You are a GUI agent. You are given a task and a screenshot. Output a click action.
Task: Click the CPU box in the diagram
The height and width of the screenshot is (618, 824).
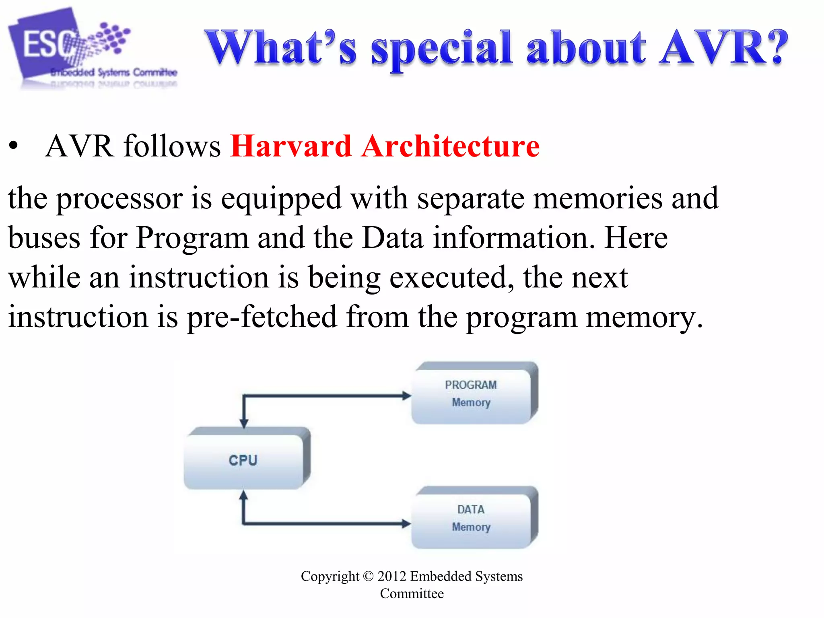[x=244, y=459]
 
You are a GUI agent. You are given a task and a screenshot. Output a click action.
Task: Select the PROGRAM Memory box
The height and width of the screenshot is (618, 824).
[x=472, y=393]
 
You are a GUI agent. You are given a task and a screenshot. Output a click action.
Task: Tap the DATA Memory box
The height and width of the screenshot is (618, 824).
[x=472, y=518]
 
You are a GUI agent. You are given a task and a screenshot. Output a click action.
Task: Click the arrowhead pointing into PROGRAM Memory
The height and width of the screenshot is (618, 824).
[x=406, y=396]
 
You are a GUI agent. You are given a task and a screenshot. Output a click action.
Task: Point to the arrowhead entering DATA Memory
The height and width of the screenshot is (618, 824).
[x=406, y=523]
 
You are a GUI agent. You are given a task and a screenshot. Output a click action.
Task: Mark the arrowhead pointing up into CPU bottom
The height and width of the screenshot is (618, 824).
[x=243, y=496]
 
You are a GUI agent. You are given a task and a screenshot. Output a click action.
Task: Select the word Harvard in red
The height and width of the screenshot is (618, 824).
[x=291, y=146]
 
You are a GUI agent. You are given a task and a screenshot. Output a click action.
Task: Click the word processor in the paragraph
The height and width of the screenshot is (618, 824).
[x=119, y=199]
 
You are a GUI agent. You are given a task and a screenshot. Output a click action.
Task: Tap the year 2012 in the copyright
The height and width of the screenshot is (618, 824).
[x=391, y=576]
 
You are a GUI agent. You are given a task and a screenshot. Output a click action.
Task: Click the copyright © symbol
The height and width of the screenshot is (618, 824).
[x=368, y=577]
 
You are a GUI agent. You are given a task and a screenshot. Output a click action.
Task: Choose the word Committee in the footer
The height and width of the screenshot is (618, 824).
[x=412, y=593]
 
